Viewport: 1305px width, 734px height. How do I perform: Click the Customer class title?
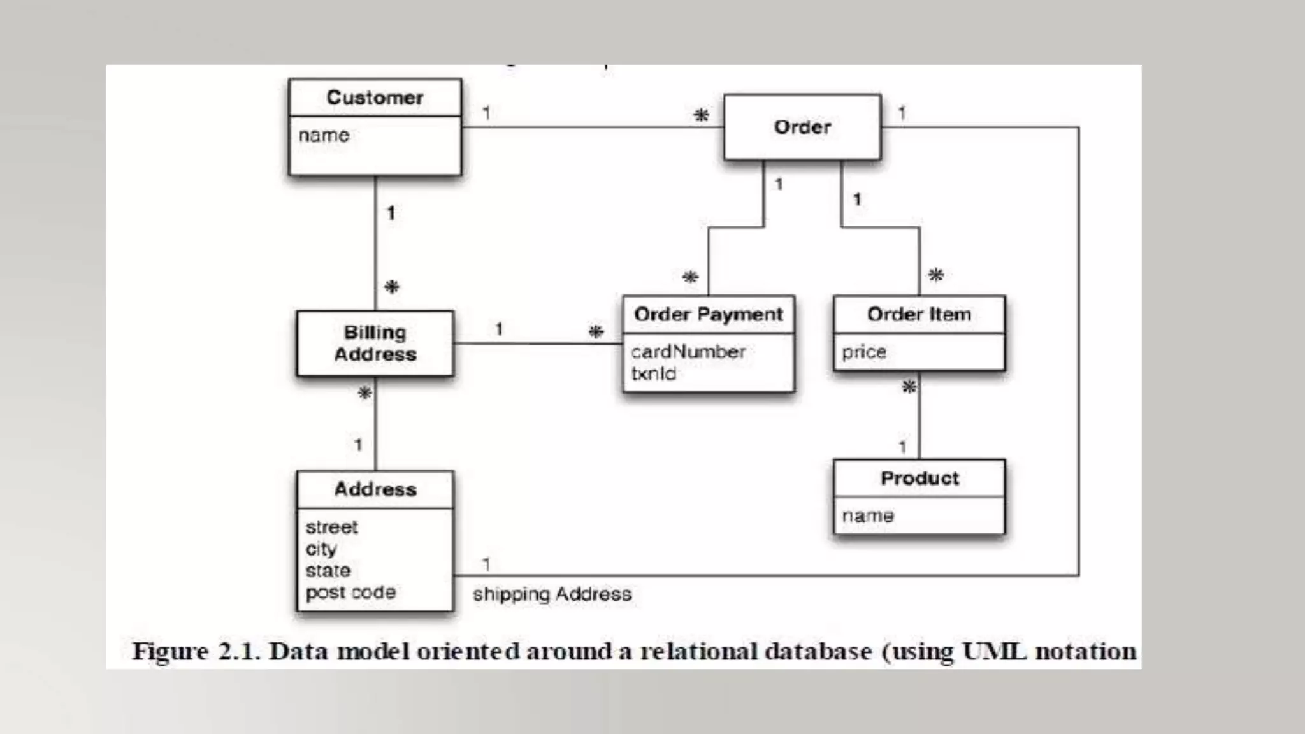click(375, 97)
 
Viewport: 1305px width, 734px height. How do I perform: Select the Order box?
click(802, 127)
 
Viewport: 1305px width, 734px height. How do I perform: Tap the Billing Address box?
click(375, 343)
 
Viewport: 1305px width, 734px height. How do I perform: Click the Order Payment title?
click(709, 314)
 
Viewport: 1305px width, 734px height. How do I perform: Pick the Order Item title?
click(919, 314)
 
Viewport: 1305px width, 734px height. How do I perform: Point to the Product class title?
click(919, 478)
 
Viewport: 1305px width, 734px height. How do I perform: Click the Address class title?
click(375, 489)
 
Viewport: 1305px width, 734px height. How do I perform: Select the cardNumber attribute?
click(688, 352)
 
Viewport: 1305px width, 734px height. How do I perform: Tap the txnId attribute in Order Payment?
click(654, 373)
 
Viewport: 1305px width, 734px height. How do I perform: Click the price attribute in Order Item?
click(864, 352)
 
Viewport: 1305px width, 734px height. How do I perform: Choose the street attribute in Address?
click(332, 528)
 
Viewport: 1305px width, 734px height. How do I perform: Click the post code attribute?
click(350, 593)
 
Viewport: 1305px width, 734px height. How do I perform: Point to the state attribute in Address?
click(328, 570)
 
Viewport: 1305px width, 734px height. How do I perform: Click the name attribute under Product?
click(868, 515)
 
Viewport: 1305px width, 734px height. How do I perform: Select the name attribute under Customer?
click(324, 135)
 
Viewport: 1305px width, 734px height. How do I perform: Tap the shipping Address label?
click(552, 594)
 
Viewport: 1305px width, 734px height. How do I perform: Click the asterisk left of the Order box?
click(701, 115)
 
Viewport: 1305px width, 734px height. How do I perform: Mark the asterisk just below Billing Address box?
click(365, 393)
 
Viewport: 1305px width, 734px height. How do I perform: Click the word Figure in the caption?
click(170, 651)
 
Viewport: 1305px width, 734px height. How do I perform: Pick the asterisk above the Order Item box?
click(935, 275)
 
